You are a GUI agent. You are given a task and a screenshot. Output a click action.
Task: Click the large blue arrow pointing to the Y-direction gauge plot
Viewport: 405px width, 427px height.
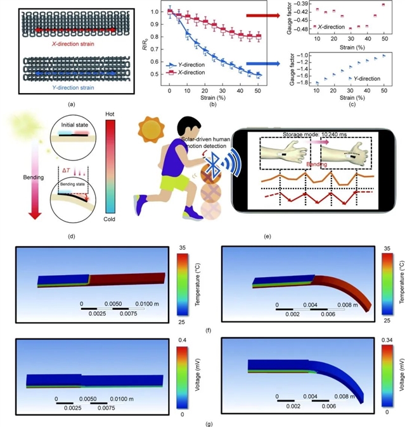[260, 63]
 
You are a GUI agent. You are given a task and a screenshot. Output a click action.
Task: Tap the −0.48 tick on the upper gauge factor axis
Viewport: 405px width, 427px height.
[299, 29]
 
